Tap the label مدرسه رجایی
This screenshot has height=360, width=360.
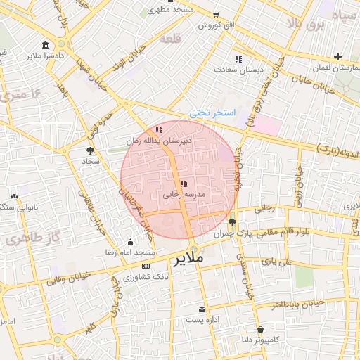point(184,194)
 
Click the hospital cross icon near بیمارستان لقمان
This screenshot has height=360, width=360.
point(338,56)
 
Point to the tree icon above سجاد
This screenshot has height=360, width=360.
point(89,150)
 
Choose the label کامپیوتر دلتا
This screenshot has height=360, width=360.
point(260,339)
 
